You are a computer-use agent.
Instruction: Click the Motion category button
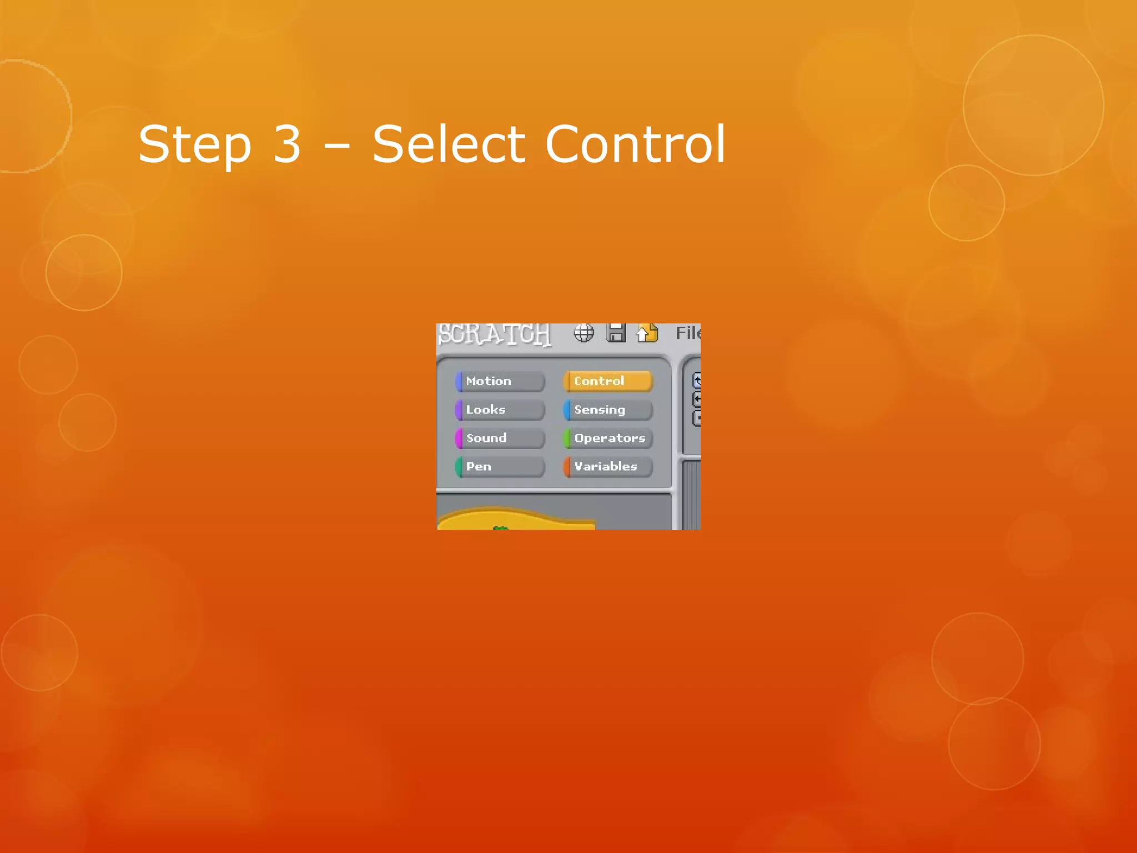[500, 382]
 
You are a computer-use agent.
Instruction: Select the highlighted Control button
[608, 382]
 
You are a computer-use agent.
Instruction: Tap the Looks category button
[500, 410]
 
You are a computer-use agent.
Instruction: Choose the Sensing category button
[608, 410]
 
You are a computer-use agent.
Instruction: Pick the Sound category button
[500, 438]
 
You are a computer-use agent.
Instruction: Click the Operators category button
[608, 438]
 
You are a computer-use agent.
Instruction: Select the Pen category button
[500, 466]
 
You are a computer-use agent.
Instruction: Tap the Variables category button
[608, 466]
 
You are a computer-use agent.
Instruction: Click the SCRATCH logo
[494, 334]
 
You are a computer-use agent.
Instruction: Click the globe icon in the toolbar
[583, 333]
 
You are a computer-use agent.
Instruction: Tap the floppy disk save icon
[616, 333]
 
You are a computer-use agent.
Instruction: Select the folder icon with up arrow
[647, 333]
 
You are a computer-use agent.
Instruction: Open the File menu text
[688, 333]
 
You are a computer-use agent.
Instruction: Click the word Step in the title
[195, 145]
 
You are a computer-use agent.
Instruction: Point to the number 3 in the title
[287, 144]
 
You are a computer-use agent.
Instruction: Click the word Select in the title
[449, 144]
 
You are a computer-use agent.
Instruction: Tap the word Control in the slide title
[635, 144]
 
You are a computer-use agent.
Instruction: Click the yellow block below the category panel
[516, 520]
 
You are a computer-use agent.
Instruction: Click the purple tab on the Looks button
[459, 410]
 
